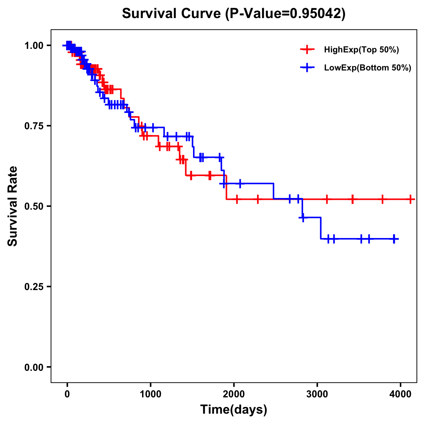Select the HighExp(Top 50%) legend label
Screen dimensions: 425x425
point(361,50)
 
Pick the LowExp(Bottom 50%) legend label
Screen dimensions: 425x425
point(368,68)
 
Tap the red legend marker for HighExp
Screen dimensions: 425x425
point(307,50)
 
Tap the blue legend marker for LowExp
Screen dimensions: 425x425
point(307,68)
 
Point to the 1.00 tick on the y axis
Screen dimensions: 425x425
point(34,46)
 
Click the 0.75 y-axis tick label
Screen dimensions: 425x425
point(34,126)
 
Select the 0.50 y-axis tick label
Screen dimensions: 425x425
point(34,206)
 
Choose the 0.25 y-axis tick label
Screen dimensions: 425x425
point(34,287)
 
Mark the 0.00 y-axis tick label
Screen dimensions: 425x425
point(34,367)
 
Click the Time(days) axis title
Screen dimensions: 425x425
point(234,410)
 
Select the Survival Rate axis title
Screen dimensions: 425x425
point(13,206)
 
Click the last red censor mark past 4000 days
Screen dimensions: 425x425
point(410,199)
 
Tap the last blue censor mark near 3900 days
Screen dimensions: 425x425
point(394,239)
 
